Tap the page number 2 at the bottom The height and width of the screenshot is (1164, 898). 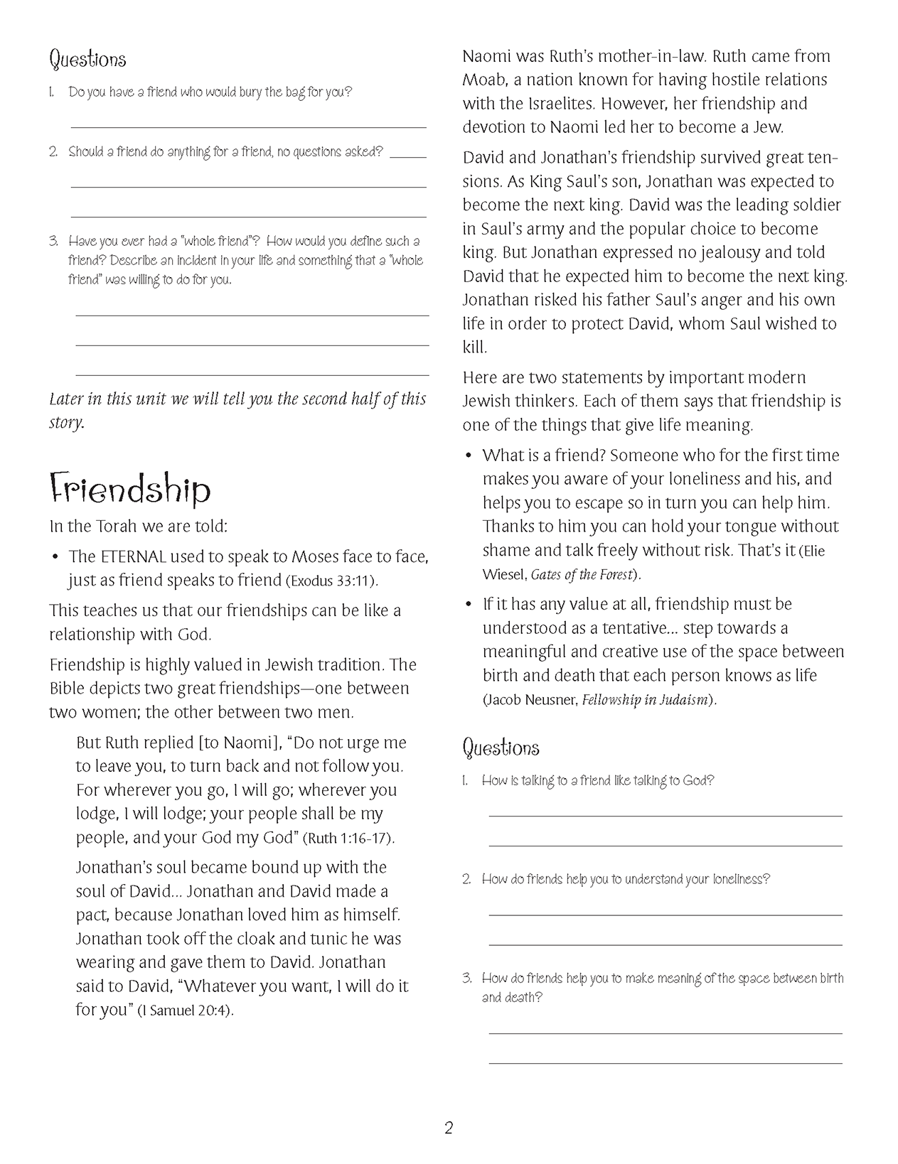[449, 1128]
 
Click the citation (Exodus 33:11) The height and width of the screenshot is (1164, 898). [331, 581]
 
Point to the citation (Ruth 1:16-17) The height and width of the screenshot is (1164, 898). [348, 839]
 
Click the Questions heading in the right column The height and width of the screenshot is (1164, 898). [501, 748]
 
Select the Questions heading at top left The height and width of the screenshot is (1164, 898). [87, 59]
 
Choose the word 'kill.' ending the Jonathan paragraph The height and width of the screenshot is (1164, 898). [475, 347]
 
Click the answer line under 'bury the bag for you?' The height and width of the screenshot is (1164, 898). [248, 126]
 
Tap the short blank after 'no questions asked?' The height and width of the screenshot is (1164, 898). [408, 156]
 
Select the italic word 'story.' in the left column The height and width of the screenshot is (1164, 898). [67, 423]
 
